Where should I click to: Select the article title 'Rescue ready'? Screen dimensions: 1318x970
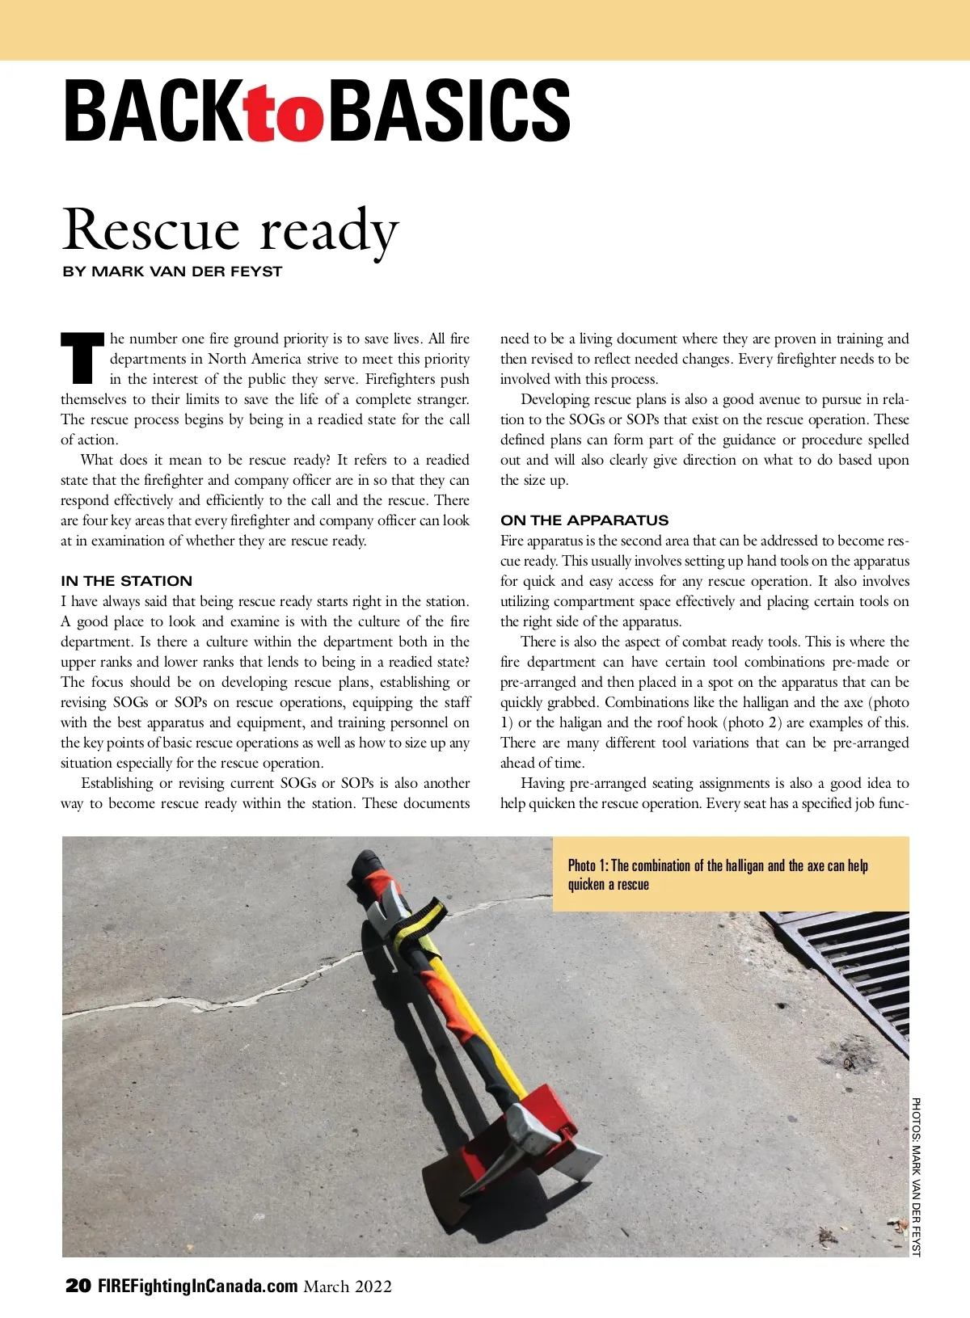230,229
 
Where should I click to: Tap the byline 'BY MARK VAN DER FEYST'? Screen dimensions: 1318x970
172,272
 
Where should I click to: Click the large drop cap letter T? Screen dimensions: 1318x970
82,357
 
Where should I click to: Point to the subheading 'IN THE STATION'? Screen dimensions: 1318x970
126,581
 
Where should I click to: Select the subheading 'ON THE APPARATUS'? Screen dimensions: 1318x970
584,520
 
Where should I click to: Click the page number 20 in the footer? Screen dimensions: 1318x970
78,1286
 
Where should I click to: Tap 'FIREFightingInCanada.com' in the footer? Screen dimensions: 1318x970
198,1286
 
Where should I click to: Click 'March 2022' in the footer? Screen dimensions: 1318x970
348,1286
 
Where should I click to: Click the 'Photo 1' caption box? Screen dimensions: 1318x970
730,874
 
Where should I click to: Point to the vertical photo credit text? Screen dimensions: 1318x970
916,1176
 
